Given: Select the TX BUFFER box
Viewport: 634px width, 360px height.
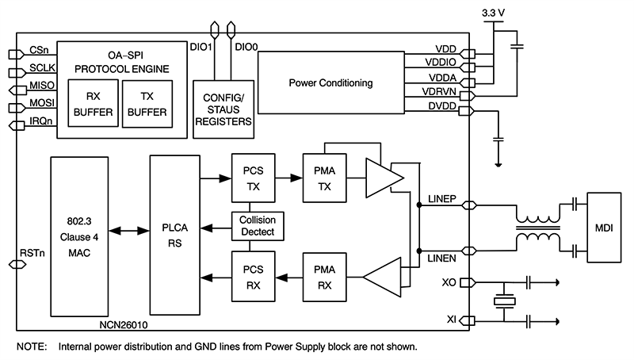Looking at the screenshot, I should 146,103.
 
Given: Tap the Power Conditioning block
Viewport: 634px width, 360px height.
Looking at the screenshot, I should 330,82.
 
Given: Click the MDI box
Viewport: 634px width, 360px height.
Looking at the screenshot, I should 605,228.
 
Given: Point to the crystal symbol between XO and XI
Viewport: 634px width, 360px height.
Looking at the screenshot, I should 504,301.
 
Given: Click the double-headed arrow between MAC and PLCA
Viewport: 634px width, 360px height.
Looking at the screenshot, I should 127,232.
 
